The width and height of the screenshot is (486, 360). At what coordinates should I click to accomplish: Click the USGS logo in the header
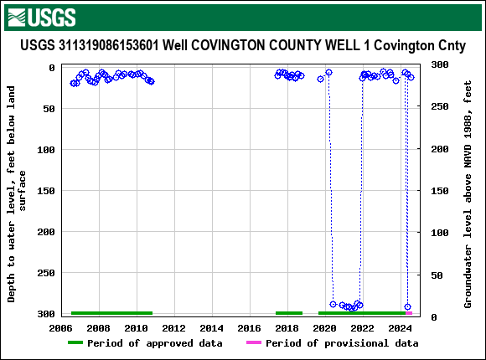40,17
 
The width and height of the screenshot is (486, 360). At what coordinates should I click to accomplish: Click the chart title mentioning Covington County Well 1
242,44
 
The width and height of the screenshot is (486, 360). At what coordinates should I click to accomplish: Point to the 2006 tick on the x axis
60,327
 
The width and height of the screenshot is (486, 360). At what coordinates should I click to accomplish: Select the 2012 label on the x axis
173,327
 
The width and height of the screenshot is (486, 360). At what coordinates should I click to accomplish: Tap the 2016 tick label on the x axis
250,327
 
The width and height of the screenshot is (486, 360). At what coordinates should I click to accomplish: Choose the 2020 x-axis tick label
325,327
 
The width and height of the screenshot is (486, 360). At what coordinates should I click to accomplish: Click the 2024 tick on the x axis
401,327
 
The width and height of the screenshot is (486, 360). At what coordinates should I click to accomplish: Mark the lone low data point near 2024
407,306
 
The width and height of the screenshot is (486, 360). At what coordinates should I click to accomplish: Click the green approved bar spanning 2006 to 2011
111,313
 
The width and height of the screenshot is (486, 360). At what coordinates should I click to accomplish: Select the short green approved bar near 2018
289,313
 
